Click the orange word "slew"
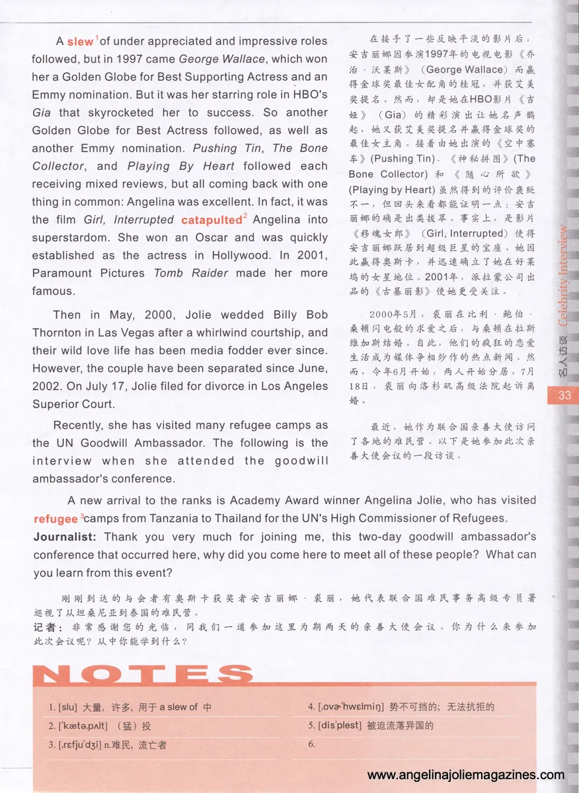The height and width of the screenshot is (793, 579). pos(81,42)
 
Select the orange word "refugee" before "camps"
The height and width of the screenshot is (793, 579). pos(56,519)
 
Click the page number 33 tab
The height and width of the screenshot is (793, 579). pos(564,396)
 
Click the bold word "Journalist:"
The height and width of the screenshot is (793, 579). pos(65,537)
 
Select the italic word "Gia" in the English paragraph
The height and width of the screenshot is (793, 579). pos(42,112)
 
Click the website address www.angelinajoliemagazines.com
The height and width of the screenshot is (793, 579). pos(465,775)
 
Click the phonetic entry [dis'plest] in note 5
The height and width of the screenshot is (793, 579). pos(340,726)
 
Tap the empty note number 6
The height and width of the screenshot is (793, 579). pos(311,744)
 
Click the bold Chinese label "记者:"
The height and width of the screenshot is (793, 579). pos(48,625)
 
